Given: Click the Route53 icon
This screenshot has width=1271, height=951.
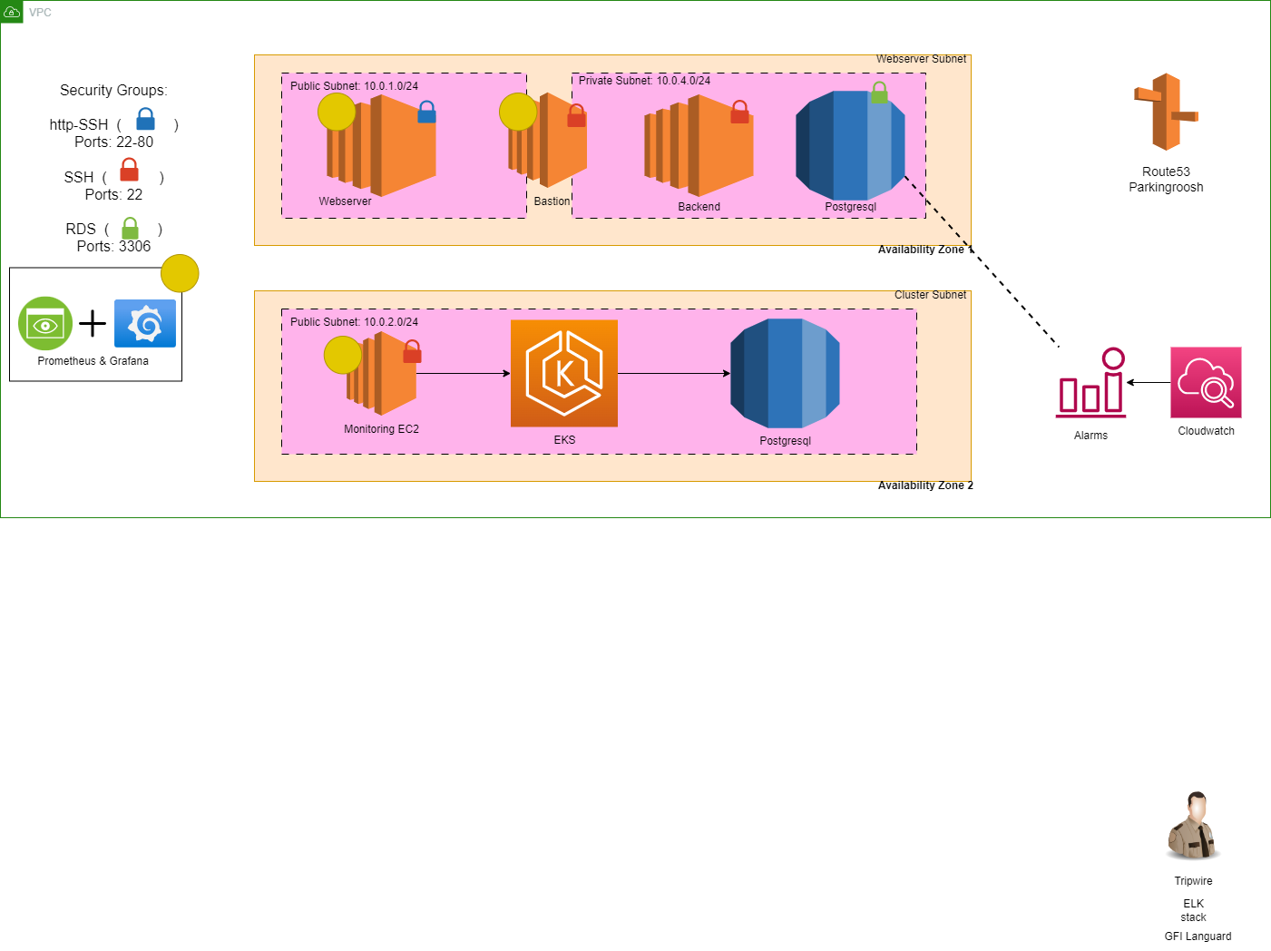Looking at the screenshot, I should point(1166,112).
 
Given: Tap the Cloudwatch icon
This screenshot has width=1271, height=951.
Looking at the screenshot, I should point(1206,382).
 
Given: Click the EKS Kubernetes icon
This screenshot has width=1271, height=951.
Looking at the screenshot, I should point(564,373).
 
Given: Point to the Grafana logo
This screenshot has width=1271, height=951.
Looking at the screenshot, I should point(145,324).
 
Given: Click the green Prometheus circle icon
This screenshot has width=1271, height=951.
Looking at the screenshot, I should point(45,324).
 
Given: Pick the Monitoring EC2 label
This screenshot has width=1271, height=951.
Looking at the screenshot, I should point(381,429).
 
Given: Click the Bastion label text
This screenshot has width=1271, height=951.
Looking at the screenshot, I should point(552,201).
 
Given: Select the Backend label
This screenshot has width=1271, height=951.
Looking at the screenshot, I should point(699,207).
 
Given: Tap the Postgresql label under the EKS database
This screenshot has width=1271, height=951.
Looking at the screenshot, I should point(785,441).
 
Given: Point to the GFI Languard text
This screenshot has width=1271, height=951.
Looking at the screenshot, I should point(1198,936).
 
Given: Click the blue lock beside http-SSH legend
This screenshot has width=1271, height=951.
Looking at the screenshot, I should point(145,120).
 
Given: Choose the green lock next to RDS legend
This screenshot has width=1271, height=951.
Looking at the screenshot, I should point(131,228).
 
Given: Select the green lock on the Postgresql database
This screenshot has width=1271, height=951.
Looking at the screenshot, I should point(878,93).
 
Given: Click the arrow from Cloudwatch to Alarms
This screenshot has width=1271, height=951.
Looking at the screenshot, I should point(1149,383).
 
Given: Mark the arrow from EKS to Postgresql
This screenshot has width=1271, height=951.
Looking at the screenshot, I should point(674,373).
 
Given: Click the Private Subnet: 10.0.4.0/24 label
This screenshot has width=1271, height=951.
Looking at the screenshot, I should point(644,81).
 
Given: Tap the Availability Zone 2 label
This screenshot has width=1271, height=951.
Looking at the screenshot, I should point(925,485).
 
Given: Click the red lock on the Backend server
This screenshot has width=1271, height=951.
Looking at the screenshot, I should point(739,113).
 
